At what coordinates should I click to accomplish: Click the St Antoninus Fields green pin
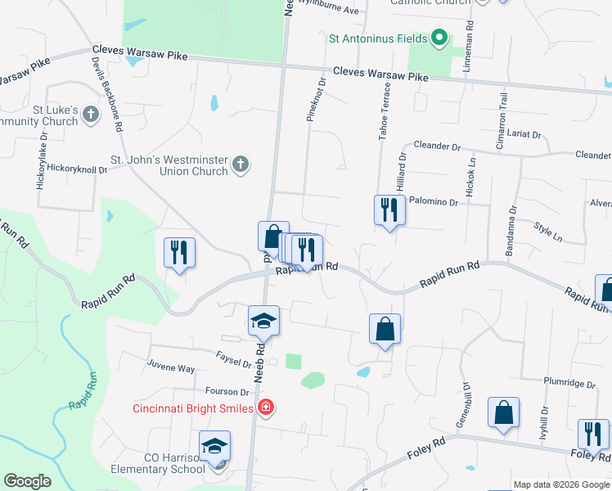(x=439, y=37)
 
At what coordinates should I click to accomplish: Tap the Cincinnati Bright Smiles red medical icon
(x=264, y=407)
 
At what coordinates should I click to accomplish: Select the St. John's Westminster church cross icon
(x=241, y=164)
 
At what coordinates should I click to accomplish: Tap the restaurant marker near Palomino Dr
(x=389, y=211)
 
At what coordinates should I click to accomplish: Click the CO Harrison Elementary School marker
(x=215, y=447)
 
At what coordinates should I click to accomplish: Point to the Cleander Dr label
(x=437, y=146)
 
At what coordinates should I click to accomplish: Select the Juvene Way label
(x=171, y=369)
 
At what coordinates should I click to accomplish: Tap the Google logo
(x=27, y=481)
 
